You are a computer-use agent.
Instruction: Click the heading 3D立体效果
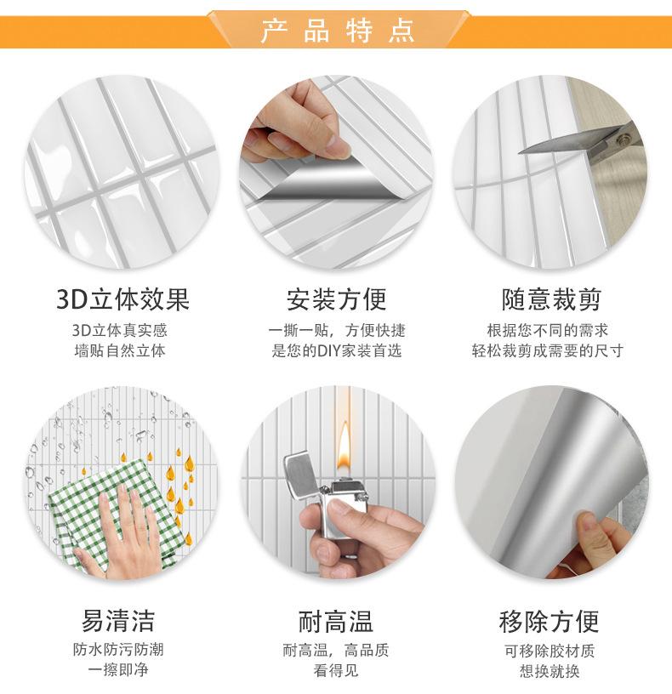[x=122, y=299]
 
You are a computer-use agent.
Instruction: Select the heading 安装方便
[x=336, y=299]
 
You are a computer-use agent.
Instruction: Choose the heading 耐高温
[x=336, y=620]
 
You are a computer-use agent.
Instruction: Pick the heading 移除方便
[x=549, y=620]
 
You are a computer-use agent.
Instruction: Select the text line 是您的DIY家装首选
[x=336, y=350]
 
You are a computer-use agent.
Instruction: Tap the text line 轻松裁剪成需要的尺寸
[x=549, y=350]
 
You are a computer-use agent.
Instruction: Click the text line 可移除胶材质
[x=549, y=651]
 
